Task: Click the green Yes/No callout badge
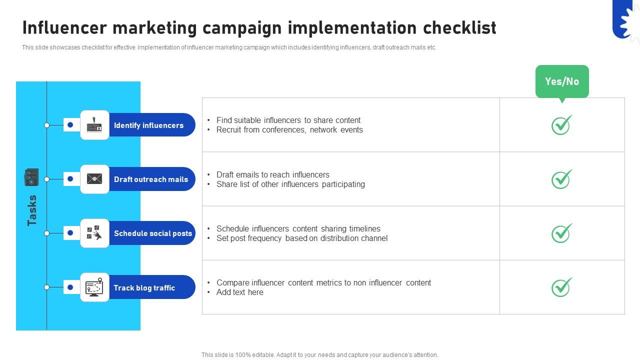(x=562, y=81)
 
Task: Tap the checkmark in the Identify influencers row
(x=561, y=125)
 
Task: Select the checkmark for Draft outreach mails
(x=561, y=179)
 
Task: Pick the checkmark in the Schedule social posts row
(x=561, y=233)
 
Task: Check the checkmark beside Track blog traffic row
(x=561, y=287)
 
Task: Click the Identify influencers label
(x=148, y=125)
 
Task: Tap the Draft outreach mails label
(x=150, y=179)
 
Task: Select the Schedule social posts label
(x=152, y=233)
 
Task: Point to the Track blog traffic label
(x=144, y=288)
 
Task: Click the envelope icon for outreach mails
(x=94, y=179)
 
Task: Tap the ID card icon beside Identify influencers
(x=94, y=125)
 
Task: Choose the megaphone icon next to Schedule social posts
(x=94, y=233)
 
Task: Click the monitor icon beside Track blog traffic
(x=94, y=287)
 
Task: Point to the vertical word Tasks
(x=32, y=210)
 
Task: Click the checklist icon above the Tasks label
(x=31, y=177)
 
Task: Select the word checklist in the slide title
(x=459, y=28)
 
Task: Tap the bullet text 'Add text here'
(x=239, y=292)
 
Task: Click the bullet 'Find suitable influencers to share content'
(x=288, y=120)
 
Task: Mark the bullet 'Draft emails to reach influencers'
(x=272, y=174)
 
